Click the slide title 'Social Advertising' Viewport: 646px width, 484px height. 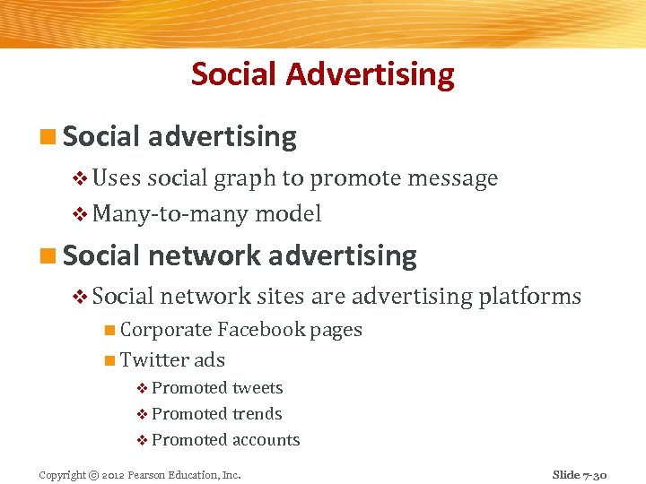(322, 73)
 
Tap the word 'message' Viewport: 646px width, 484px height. (452, 178)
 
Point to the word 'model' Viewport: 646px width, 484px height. (288, 214)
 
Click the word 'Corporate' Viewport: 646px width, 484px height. (166, 330)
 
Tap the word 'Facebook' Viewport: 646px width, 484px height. (261, 330)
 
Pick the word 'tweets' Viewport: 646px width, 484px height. (258, 388)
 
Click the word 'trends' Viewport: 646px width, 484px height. (257, 414)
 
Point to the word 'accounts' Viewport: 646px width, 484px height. (266, 440)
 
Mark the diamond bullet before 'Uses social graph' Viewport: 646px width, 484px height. (81, 178)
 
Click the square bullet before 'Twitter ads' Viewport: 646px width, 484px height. (109, 361)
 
